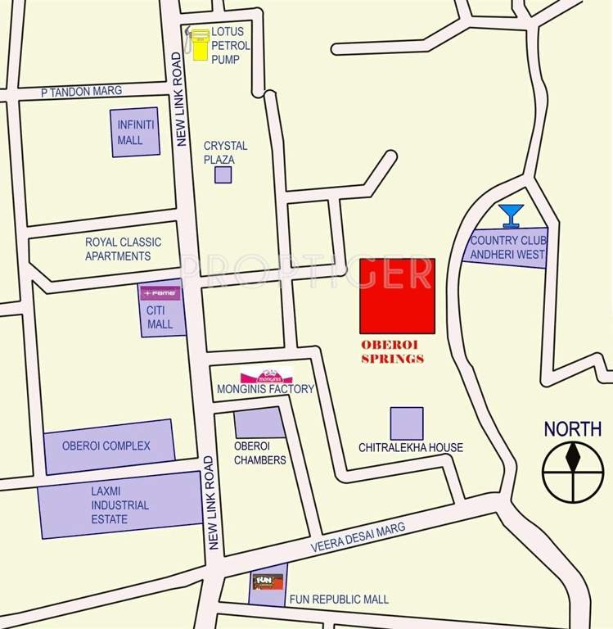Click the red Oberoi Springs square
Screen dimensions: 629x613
(397, 296)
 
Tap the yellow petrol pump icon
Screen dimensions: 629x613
(200, 45)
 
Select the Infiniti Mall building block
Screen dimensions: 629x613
(135, 132)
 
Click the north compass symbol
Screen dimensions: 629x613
(572, 471)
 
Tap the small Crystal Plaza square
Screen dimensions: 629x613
(223, 174)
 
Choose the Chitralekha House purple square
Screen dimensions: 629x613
(407, 423)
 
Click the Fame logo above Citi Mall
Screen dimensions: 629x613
(160, 292)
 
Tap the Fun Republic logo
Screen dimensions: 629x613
(268, 582)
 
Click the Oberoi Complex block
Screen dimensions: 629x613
(109, 446)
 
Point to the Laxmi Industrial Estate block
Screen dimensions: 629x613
(120, 505)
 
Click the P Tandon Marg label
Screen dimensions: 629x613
(82, 92)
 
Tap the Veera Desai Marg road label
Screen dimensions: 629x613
(358, 539)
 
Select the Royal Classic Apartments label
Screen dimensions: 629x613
(124, 249)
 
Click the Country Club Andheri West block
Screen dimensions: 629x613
(506, 246)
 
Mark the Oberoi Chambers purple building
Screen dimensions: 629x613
(259, 423)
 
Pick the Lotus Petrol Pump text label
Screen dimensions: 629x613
(232, 45)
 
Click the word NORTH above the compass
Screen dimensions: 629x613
(572, 428)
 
